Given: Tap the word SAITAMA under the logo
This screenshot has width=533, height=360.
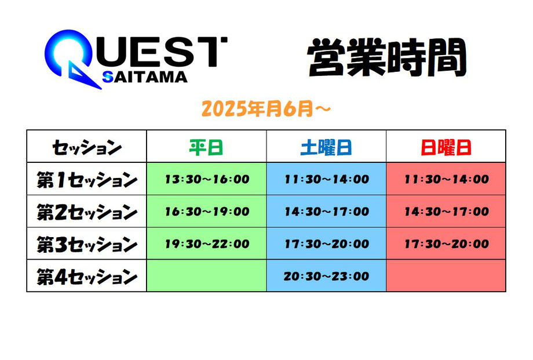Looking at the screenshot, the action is (x=145, y=77).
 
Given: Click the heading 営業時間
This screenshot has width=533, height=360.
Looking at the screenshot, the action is (x=387, y=57).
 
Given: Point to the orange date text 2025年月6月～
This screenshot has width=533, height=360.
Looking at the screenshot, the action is (x=266, y=109).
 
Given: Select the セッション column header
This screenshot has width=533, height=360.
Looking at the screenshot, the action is (x=87, y=148).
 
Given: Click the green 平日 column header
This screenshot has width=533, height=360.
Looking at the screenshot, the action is (x=206, y=148).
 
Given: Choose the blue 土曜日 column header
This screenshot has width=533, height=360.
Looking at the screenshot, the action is (x=326, y=148).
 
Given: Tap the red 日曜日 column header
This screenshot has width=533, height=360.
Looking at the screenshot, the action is (x=446, y=148).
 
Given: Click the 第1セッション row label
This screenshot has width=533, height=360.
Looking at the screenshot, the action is (x=87, y=180).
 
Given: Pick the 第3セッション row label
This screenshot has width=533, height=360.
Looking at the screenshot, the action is (x=87, y=244).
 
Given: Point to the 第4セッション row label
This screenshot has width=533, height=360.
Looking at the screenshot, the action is (x=87, y=277).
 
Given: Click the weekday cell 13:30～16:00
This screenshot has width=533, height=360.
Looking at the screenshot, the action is (x=207, y=179).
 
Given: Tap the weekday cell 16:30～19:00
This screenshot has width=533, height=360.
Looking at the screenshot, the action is (x=207, y=211).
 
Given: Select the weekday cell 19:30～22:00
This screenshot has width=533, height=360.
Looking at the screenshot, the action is (x=207, y=243).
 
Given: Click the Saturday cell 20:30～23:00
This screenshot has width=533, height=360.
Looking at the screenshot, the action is (x=326, y=276).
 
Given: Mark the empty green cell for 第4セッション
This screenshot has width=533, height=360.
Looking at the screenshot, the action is (x=206, y=275).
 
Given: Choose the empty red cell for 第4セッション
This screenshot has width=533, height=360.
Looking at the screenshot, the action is (x=446, y=275).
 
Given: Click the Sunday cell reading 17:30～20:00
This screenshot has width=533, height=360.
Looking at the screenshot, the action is (x=447, y=243).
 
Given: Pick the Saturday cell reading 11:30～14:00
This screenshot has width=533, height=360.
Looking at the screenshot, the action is (x=327, y=179).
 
